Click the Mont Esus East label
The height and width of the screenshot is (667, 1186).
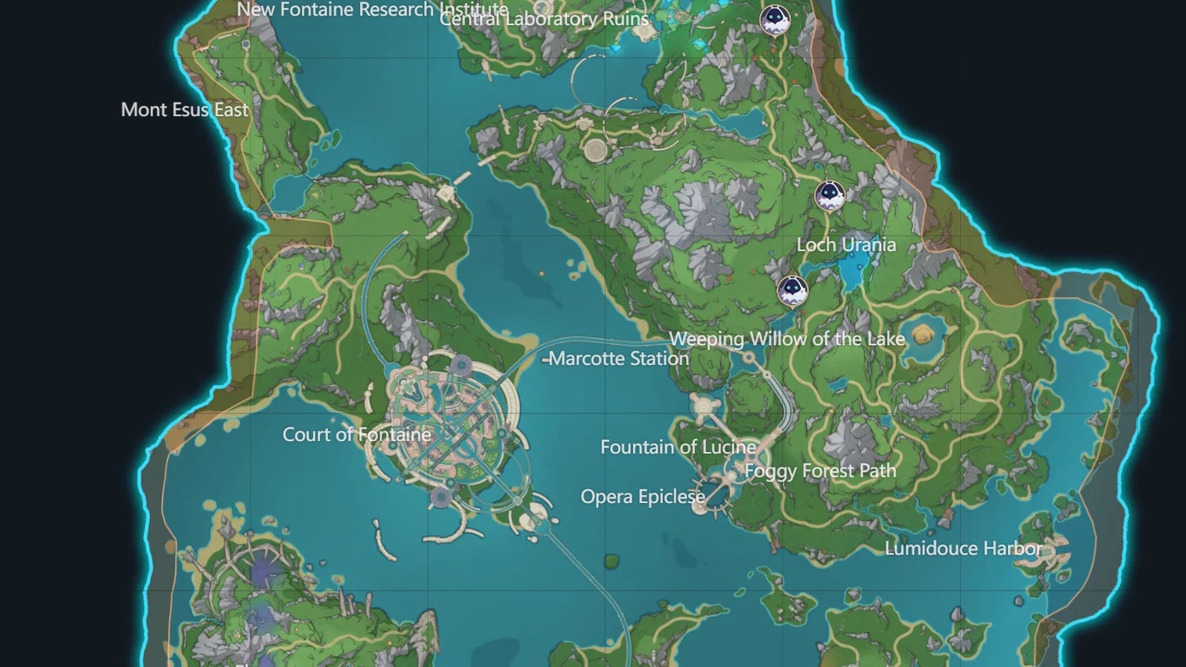(184, 110)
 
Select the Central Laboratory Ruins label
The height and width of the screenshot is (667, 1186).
(544, 19)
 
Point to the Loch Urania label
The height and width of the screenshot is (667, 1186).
(846, 245)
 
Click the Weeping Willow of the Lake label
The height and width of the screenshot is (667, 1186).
(787, 339)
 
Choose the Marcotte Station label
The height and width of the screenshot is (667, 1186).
(619, 359)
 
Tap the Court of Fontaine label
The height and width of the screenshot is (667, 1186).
(357, 435)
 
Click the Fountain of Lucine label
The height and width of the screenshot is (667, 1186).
(678, 447)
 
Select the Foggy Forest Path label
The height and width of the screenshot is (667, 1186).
(820, 471)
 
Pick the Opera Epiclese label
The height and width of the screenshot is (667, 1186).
(642, 497)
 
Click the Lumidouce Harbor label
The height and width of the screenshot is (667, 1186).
(963, 549)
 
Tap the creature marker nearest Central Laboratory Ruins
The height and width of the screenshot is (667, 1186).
(774, 20)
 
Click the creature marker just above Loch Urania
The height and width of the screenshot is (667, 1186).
(829, 195)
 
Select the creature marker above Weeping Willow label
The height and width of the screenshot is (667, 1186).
(792, 291)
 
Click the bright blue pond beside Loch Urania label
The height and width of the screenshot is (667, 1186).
(850, 271)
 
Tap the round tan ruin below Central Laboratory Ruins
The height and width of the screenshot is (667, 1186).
(595, 149)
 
